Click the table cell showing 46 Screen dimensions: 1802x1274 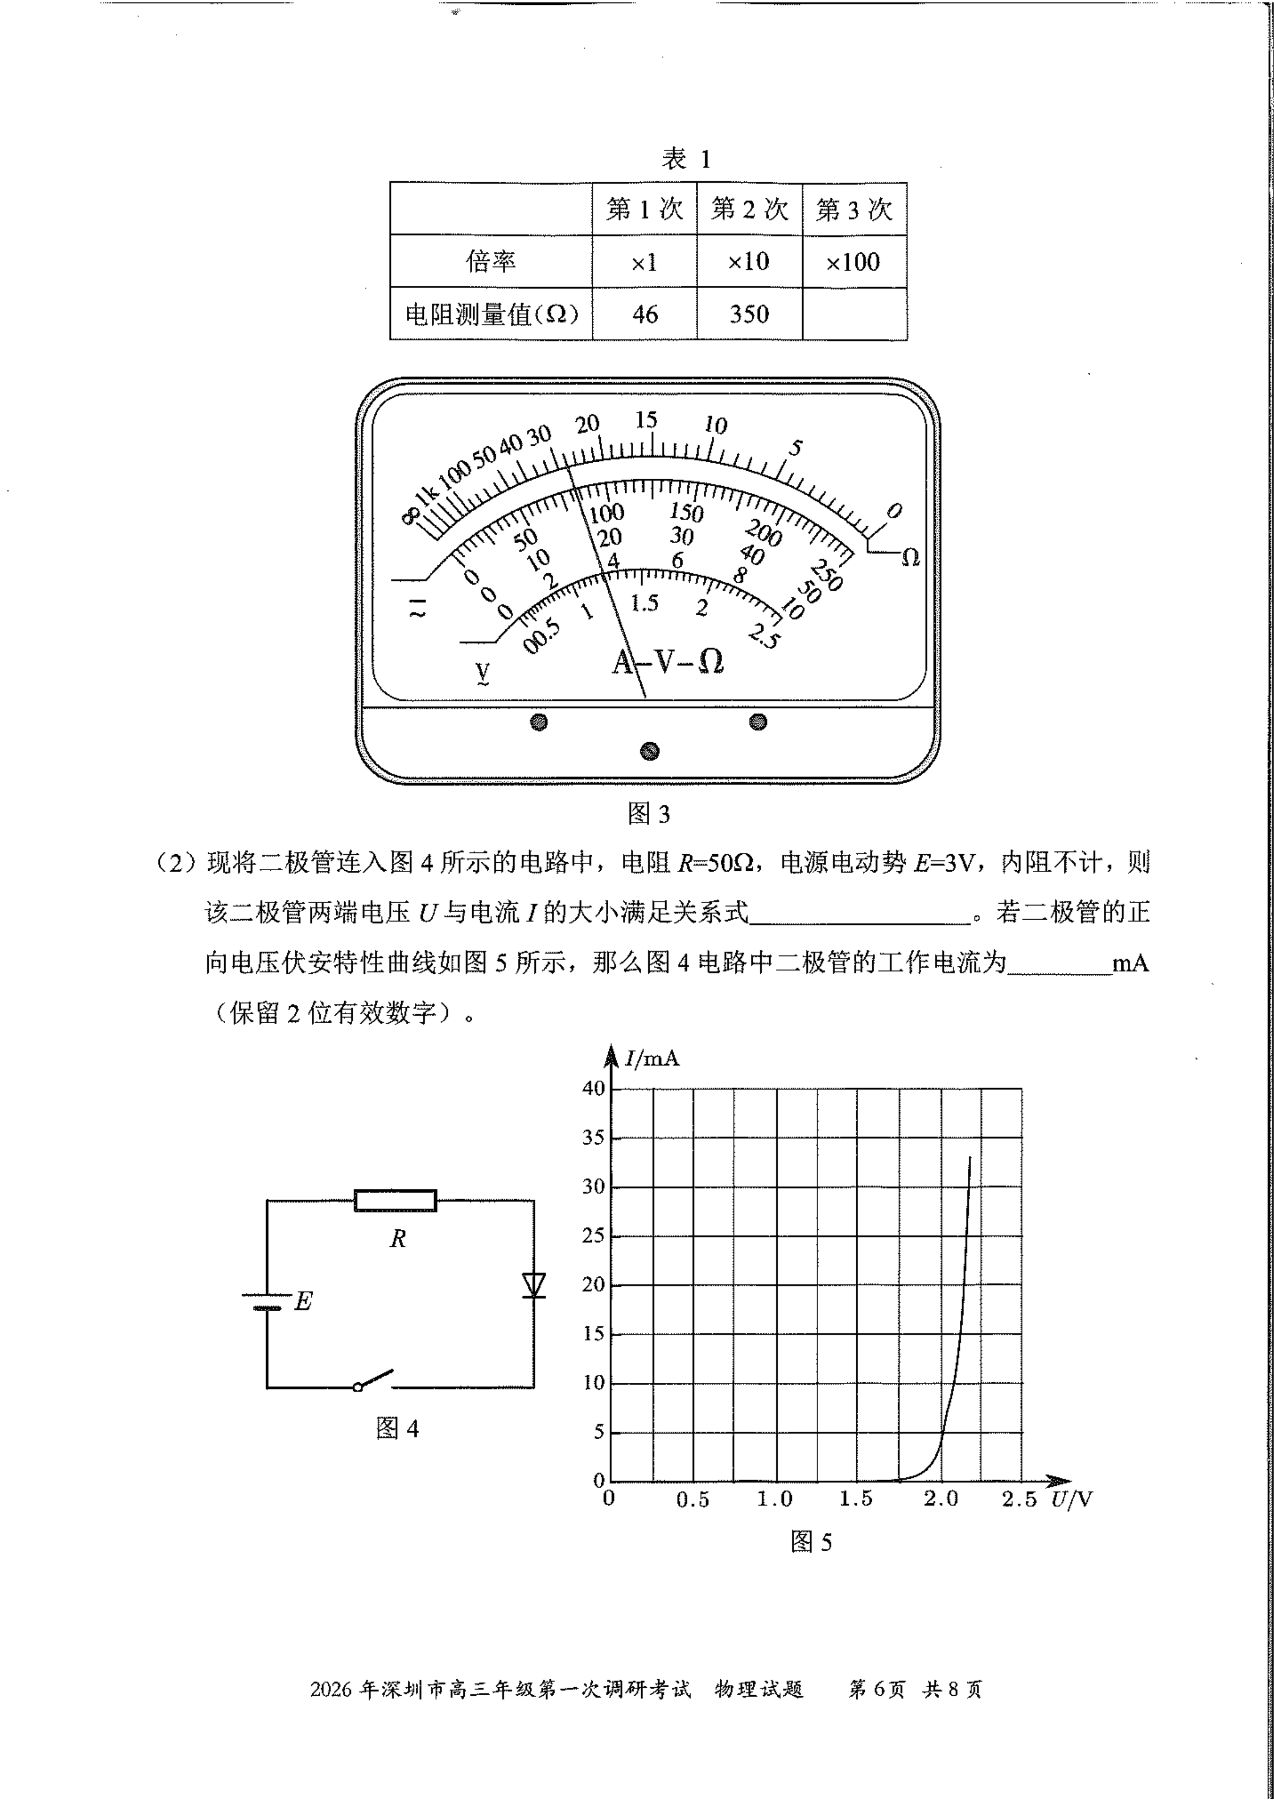click(x=644, y=314)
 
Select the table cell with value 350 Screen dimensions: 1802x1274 click(x=749, y=314)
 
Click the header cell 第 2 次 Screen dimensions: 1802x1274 click(x=749, y=209)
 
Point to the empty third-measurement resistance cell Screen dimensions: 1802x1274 click(x=854, y=314)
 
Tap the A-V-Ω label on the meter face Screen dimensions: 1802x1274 click(x=668, y=662)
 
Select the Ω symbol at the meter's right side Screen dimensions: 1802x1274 click(x=910, y=557)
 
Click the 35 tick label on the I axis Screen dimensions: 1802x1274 click(x=593, y=1137)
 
